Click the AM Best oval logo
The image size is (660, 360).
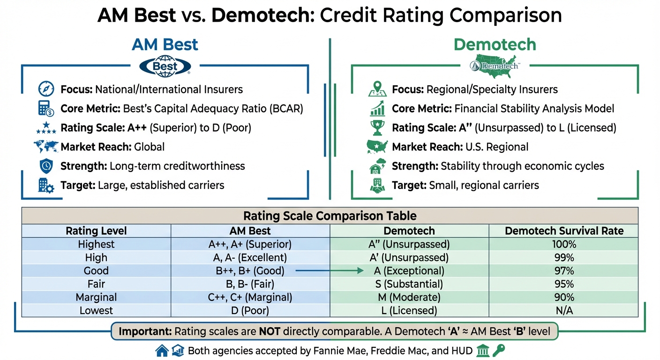click(165, 66)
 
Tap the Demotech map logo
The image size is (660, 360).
click(494, 64)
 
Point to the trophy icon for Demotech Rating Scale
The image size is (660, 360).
click(377, 127)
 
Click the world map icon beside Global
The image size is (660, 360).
click(46, 147)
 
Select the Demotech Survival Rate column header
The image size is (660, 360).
click(564, 231)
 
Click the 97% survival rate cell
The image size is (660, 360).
click(564, 271)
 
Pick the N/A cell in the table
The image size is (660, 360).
click(564, 310)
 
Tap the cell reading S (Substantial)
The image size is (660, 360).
click(409, 284)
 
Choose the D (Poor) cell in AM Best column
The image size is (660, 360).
click(250, 310)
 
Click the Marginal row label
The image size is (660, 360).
click(96, 297)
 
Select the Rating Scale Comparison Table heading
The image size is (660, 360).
click(330, 216)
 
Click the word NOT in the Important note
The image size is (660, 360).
click(269, 331)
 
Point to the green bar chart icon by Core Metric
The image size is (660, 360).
click(377, 109)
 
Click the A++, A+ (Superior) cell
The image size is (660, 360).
click(250, 244)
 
